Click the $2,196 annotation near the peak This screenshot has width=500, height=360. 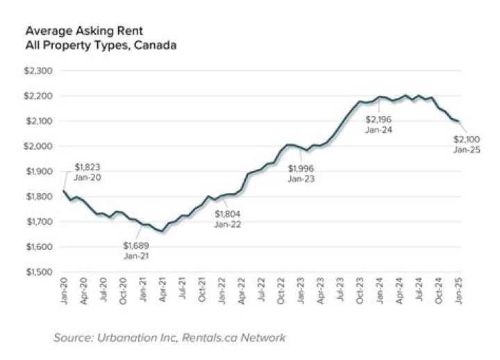point(379,119)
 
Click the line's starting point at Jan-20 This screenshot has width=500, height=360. point(63,190)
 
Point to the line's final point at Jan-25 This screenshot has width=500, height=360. point(458,121)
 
